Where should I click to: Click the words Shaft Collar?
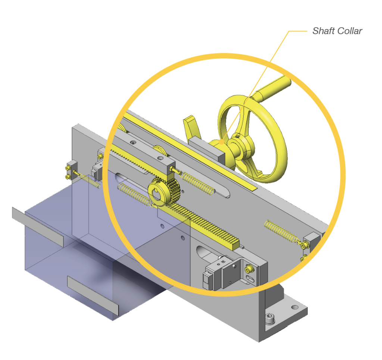click(337, 31)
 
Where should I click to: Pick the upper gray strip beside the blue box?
click(37, 226)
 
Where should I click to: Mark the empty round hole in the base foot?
click(295, 307)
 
